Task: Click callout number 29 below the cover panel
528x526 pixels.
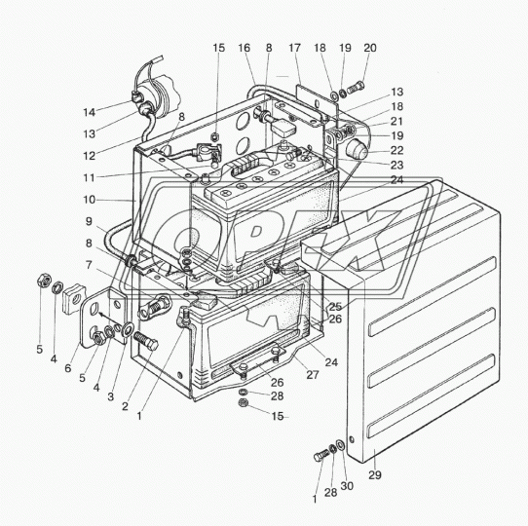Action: click(x=374, y=475)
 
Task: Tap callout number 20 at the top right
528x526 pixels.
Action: click(x=370, y=48)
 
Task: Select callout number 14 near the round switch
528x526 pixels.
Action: click(x=90, y=112)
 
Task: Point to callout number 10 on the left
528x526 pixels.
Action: click(x=90, y=200)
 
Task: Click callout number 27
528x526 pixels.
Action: click(x=312, y=375)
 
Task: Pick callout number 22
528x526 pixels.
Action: click(x=397, y=150)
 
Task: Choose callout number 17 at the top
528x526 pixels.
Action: click(x=294, y=48)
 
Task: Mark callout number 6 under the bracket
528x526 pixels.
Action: click(x=68, y=368)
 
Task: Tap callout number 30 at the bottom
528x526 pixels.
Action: click(x=347, y=486)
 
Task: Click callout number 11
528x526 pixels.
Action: click(x=90, y=178)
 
